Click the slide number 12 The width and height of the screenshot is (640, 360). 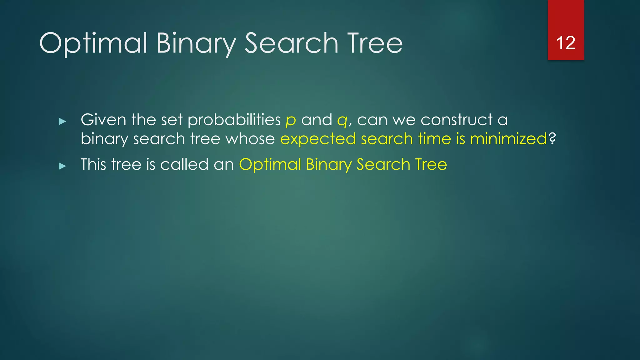click(x=566, y=43)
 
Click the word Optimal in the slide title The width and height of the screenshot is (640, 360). click(x=93, y=43)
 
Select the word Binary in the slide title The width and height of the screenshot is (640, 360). click(x=196, y=43)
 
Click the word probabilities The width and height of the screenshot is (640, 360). click(x=234, y=120)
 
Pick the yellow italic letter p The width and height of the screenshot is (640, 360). click(x=291, y=121)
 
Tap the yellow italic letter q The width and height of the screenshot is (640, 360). click(x=342, y=121)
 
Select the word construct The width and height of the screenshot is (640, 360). click(x=457, y=120)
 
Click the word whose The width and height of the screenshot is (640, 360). click(x=250, y=139)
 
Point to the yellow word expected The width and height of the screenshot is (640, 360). click(x=318, y=140)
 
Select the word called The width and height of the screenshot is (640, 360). click(x=184, y=164)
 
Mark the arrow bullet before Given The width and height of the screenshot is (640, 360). click(x=62, y=121)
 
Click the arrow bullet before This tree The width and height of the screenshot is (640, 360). click(x=62, y=166)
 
